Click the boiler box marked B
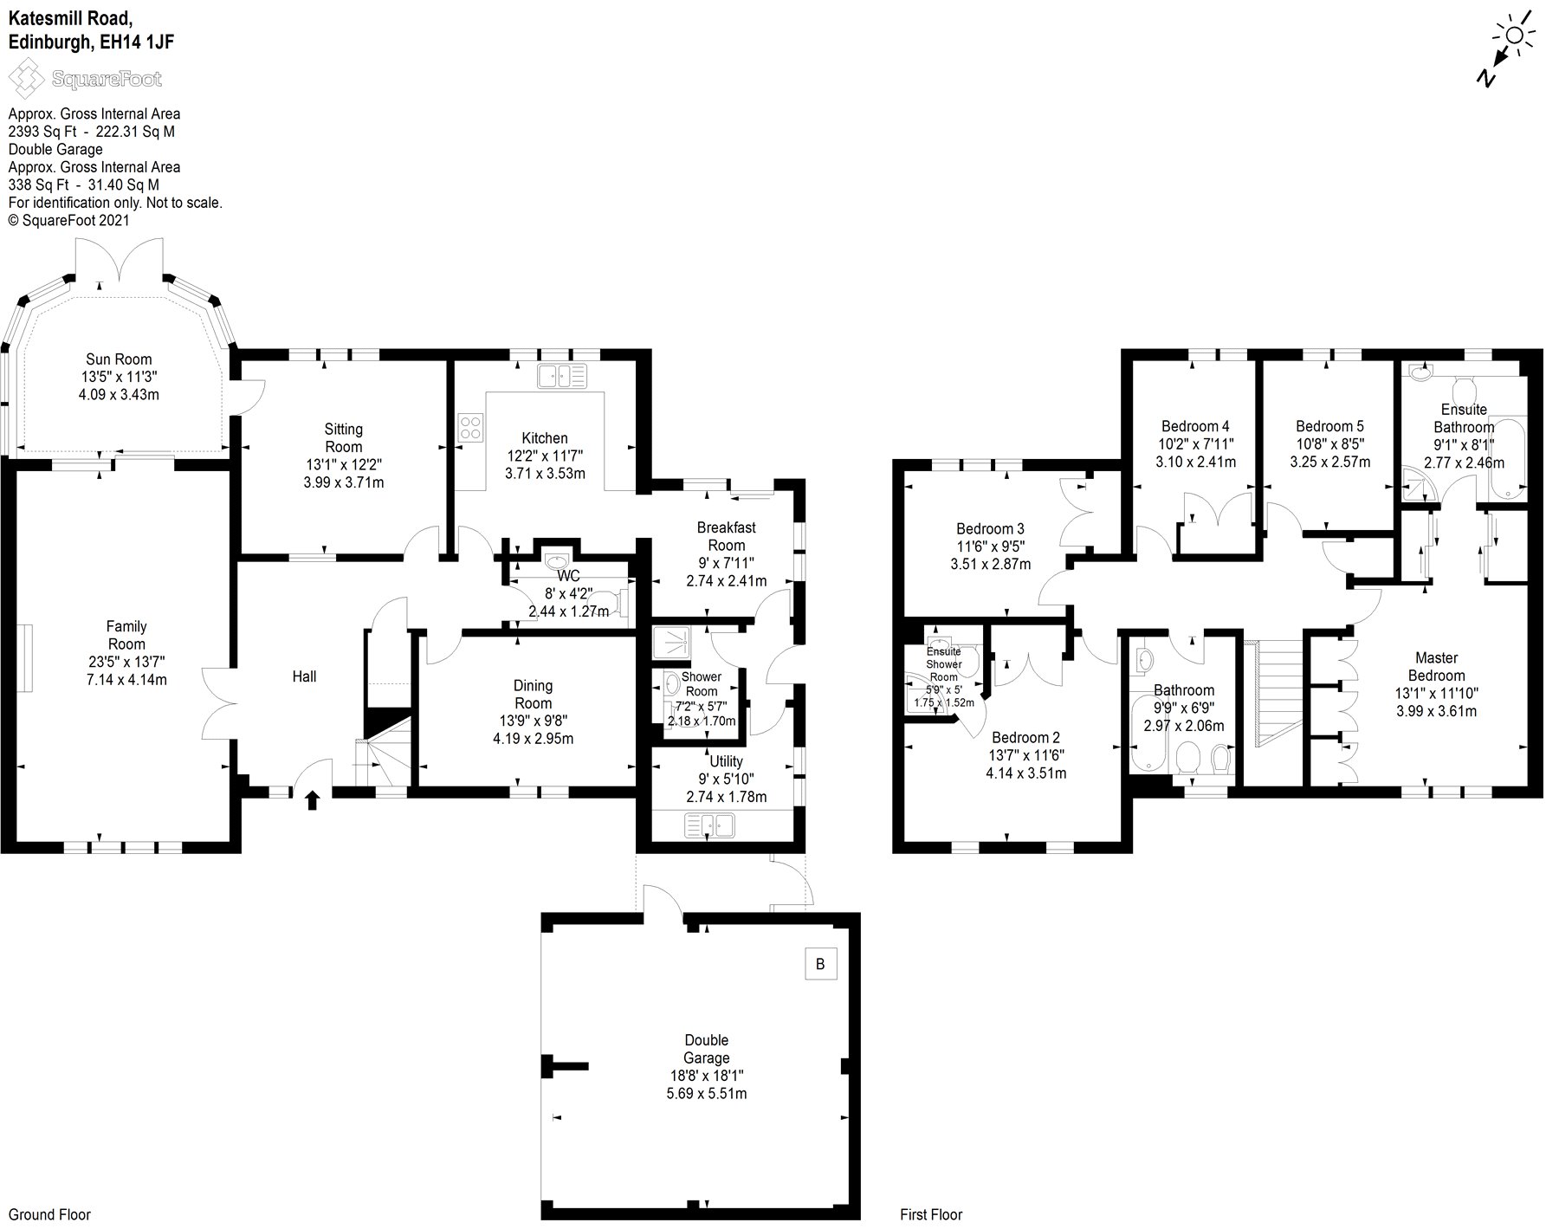(x=821, y=963)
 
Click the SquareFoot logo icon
(x=26, y=79)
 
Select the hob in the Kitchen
(x=470, y=428)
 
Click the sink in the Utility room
(x=710, y=826)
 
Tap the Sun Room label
(x=119, y=359)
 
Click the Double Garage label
(x=706, y=1049)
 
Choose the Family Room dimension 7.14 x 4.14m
(x=126, y=680)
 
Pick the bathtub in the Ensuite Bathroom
(x=1508, y=457)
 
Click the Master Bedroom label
(x=1436, y=667)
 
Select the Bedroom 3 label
(x=990, y=528)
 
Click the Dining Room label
(x=532, y=695)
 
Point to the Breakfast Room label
(x=726, y=536)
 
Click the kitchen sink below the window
(x=562, y=376)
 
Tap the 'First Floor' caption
(x=931, y=1214)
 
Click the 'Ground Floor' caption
(x=49, y=1214)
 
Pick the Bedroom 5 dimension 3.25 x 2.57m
(x=1329, y=462)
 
